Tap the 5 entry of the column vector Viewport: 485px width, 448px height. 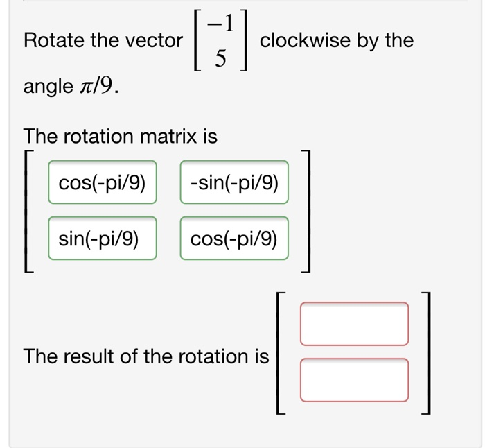(220, 60)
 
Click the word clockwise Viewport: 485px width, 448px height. (305, 41)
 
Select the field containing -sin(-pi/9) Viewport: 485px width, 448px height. (234, 183)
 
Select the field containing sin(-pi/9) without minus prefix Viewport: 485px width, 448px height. (103, 239)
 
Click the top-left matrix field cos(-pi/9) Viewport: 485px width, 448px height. (103, 183)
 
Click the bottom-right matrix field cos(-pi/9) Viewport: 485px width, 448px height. (234, 239)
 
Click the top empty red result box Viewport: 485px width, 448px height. (354, 323)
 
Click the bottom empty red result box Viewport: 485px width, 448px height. (354, 379)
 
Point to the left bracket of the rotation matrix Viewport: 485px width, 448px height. (28, 212)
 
